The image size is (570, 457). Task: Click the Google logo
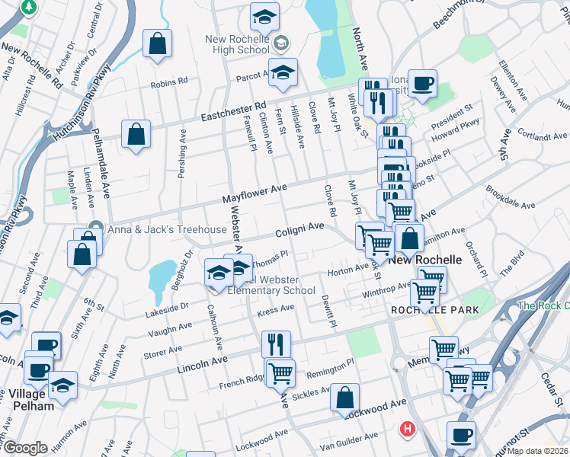[x=26, y=448]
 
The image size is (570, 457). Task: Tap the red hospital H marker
[x=408, y=430]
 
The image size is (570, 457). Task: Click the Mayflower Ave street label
[x=254, y=193]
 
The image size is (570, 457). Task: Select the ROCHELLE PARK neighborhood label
[x=434, y=310]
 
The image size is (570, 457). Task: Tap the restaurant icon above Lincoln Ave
[x=276, y=344]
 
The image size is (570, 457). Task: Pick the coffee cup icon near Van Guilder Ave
[x=461, y=435]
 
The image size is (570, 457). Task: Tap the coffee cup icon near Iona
[x=422, y=83]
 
